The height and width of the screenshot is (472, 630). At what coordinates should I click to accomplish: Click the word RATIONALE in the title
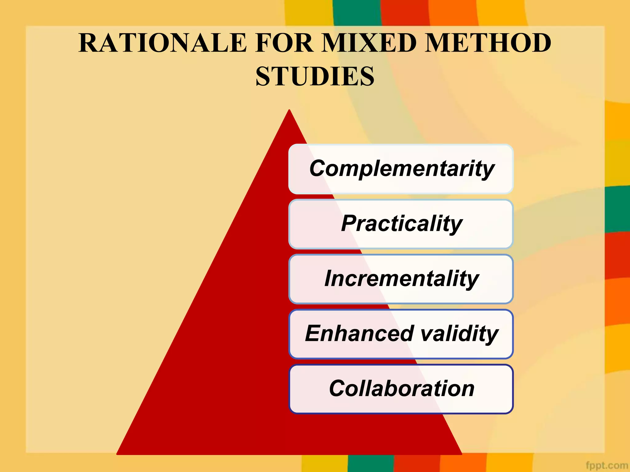pyautogui.click(x=163, y=43)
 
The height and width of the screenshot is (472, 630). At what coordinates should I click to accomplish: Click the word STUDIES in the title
pyautogui.click(x=315, y=77)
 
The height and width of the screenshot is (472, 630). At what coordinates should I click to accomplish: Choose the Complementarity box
pyautogui.click(x=401, y=169)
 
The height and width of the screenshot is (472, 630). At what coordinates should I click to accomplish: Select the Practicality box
pyautogui.click(x=401, y=224)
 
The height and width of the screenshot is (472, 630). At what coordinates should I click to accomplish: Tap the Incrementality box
pyautogui.click(x=401, y=279)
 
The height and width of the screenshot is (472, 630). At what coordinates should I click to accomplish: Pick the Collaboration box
pyautogui.click(x=401, y=389)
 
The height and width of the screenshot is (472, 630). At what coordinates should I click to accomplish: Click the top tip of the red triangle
pyautogui.click(x=289, y=111)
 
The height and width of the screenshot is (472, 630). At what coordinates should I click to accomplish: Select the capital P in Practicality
pyautogui.click(x=349, y=223)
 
